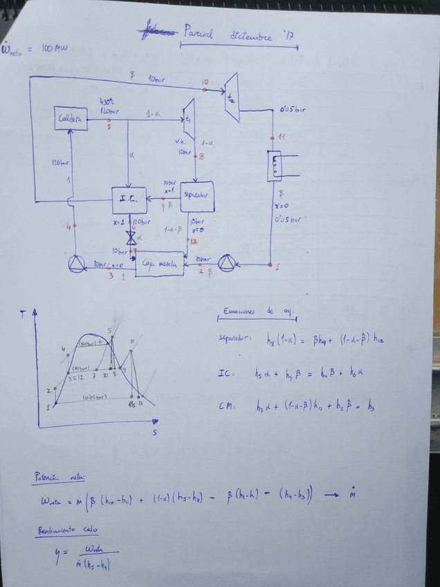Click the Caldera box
point(71,118)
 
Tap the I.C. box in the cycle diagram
point(129,199)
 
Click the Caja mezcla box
point(159,264)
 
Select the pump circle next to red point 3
point(75,264)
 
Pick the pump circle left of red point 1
point(228,263)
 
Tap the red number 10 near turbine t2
point(205,82)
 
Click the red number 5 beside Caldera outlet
point(109,127)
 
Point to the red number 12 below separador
point(193,241)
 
